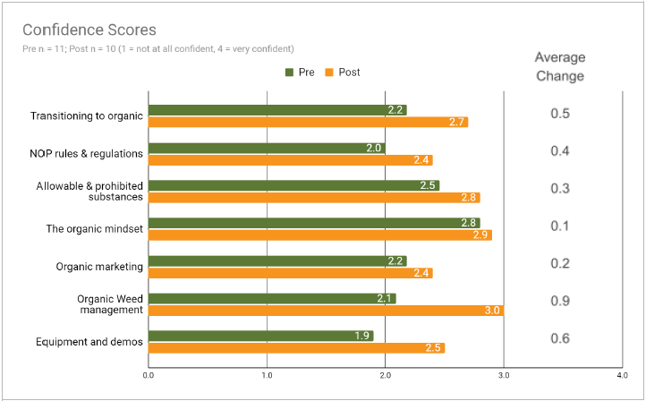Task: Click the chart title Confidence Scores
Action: coord(89,30)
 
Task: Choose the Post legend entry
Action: coord(344,72)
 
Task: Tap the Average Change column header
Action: coord(559,67)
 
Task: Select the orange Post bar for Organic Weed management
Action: coord(326,311)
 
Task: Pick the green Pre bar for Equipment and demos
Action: coord(260,336)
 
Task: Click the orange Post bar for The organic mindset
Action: coord(319,235)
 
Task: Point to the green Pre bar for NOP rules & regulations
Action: coord(267,148)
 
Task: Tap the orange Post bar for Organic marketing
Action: coord(290,273)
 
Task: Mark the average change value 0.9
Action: coord(560,301)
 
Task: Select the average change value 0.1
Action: coord(560,226)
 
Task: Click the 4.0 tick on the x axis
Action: coord(623,376)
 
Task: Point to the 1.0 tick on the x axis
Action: coord(267,376)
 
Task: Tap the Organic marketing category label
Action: coord(99,267)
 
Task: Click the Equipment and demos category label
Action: coord(89,342)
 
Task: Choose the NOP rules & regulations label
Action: coord(86,153)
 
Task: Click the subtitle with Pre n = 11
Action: coord(157,48)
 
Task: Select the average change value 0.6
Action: coord(560,338)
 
